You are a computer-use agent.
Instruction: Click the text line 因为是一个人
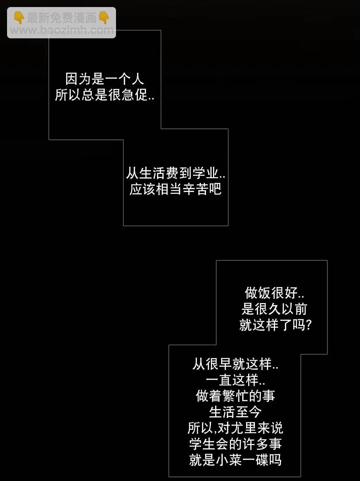click(104, 79)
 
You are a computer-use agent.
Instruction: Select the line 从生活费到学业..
click(175, 173)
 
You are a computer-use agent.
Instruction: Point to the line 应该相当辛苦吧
click(175, 189)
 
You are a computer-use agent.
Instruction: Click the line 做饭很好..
click(274, 293)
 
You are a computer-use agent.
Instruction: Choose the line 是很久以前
click(274, 309)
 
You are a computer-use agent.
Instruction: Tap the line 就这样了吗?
click(275, 325)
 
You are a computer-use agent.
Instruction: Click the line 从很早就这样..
click(235, 364)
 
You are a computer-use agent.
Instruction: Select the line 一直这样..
click(235, 380)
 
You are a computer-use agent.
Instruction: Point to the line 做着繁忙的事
click(235, 396)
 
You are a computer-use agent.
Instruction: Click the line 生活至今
click(235, 412)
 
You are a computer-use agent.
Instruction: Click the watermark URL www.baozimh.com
click(62, 30)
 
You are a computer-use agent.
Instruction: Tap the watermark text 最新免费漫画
click(62, 18)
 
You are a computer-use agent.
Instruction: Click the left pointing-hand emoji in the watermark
click(19, 18)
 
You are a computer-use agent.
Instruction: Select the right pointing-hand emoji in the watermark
click(104, 18)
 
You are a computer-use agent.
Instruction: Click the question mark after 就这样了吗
click(309, 325)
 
